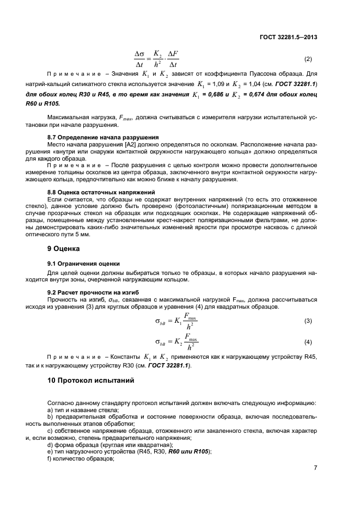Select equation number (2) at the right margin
pyautogui.click(x=308, y=59)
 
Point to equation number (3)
pyautogui.click(x=308, y=321)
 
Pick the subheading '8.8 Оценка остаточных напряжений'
pyautogui.click(x=102, y=192)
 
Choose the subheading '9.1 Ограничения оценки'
pyautogui.click(x=83, y=263)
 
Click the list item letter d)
pyautogui.click(x=51, y=445)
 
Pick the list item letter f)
pyautogui.click(x=50, y=459)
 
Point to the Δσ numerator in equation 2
pyautogui.click(x=141, y=54)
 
